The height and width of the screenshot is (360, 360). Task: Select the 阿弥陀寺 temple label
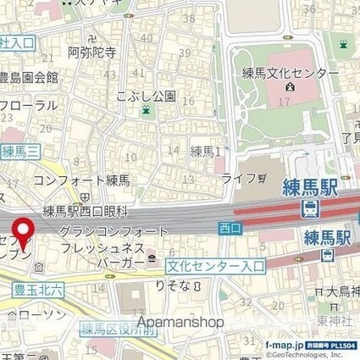point(92,53)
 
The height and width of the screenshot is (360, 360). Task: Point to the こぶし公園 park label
point(148,95)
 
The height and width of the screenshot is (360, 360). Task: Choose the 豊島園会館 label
point(30,77)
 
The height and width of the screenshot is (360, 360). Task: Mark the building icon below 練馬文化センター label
point(291,86)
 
